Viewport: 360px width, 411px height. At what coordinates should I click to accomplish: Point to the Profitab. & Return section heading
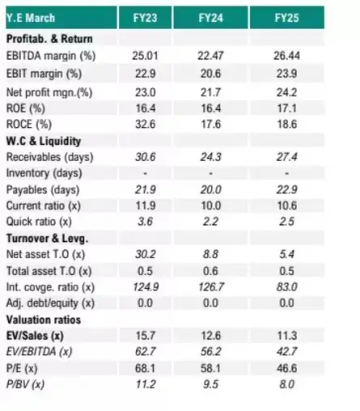coord(49,39)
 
